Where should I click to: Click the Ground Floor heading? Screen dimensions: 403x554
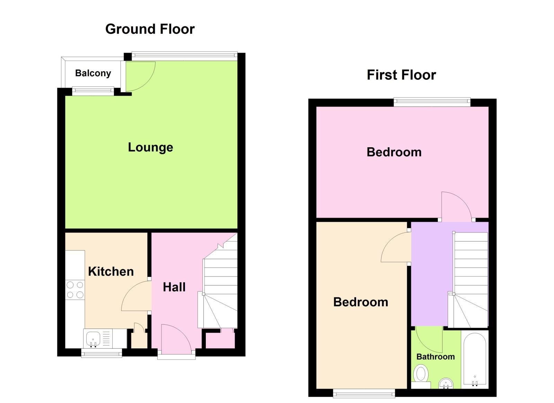150,29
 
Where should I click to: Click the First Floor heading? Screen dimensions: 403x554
401,75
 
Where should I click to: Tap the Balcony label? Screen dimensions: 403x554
93,73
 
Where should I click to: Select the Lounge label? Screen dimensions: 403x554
150,147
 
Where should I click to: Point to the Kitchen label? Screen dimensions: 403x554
111,271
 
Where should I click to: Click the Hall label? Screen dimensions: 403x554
174,287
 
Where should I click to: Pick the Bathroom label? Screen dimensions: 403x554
435,357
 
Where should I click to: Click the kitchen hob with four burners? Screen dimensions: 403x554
75,290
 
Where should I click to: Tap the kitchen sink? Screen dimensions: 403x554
93,338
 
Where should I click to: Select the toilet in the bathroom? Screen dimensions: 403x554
421,375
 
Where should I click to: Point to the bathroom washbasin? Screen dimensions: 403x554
446,384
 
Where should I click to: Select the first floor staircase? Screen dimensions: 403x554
470,279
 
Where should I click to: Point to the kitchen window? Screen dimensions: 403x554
102,353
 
